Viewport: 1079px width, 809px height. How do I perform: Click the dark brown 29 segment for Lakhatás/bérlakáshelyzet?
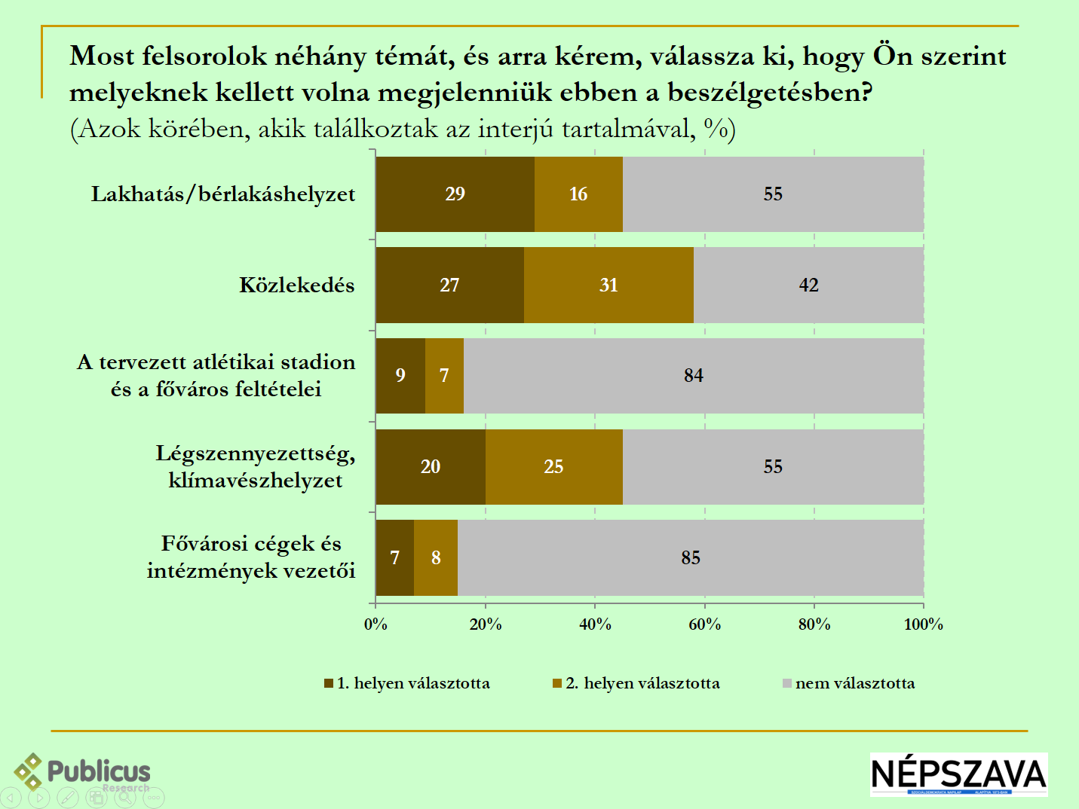(455, 194)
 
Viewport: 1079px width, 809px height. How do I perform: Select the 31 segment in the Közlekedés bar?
(608, 285)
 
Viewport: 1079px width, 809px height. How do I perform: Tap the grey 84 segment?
(693, 376)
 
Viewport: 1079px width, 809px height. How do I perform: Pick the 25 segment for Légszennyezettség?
(553, 467)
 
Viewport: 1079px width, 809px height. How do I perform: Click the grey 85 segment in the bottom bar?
(690, 558)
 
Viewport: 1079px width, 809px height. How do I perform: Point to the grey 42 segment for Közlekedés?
(808, 285)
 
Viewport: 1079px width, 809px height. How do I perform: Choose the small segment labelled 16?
(578, 194)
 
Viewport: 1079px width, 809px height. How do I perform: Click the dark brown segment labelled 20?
(431, 467)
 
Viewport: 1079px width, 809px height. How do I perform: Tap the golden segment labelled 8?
(436, 558)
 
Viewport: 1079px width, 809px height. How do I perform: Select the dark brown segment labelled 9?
(400, 376)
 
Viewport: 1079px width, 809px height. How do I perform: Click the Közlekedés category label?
(296, 285)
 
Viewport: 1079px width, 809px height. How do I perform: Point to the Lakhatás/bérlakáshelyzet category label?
(223, 194)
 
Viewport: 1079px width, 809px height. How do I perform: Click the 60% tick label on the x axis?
(704, 624)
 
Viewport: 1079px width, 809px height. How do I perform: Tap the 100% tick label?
(923, 624)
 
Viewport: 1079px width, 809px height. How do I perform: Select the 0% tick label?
(376, 624)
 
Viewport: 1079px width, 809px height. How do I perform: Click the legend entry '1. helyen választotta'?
(407, 683)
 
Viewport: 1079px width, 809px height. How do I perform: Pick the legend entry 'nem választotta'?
(849, 683)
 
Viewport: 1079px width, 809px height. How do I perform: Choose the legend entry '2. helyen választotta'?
(636, 683)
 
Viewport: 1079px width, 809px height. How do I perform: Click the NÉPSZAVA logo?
(958, 774)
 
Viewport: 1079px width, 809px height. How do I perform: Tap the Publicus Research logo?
(83, 772)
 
